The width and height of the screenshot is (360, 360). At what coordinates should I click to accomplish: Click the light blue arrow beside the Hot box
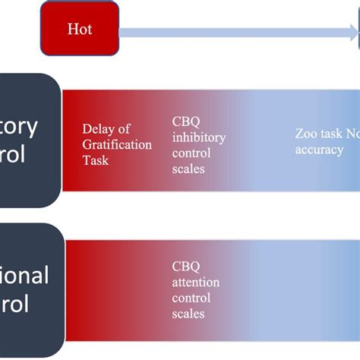[235, 33]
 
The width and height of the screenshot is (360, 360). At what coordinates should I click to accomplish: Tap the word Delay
[96, 129]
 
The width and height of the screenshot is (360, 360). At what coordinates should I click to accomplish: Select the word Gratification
[117, 144]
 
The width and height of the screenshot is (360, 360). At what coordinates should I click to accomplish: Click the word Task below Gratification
[96, 160]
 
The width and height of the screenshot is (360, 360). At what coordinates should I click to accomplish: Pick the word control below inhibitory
[191, 153]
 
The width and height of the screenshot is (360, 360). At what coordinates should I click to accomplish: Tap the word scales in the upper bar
[189, 169]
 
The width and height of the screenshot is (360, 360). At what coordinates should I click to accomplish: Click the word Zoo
[306, 134]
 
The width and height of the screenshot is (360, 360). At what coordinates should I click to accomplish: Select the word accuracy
[320, 150]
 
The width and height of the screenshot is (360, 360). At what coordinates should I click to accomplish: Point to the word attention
[196, 283]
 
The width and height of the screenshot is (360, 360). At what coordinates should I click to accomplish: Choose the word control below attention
[191, 298]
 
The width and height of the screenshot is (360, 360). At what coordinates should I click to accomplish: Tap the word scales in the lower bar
[189, 314]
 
